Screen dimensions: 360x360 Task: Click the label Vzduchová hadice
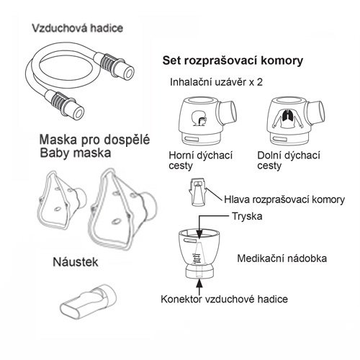pos(78,28)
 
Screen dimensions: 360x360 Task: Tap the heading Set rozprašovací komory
pos(233,60)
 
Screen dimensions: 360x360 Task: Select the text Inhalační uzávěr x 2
pos(216,82)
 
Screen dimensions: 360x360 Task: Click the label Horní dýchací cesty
pos(200,161)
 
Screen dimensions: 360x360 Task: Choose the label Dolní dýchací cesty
pos(289,161)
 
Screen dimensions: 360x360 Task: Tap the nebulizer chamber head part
pos(198,192)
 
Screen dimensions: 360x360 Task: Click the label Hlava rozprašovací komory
pos(284,199)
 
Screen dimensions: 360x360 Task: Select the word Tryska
pos(247,216)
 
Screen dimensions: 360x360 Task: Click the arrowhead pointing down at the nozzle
pos(199,235)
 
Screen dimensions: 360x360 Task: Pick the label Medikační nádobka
pos(282,258)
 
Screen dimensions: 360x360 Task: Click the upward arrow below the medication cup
pos(199,287)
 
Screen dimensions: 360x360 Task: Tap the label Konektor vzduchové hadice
pos(224,299)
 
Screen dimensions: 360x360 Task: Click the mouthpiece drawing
pos(88,301)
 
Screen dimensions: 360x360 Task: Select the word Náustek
pos(76,262)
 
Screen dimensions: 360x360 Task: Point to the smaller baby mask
pos(62,199)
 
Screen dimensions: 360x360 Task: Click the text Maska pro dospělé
pos(94,140)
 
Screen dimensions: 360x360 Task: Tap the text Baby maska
pos(76,153)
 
